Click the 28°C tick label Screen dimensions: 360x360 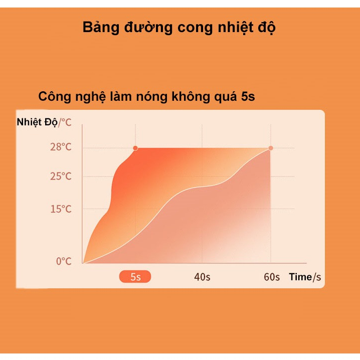(61, 147)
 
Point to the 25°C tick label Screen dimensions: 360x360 (61, 176)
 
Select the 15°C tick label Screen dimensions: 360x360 (61, 209)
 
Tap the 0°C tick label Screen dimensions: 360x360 (64, 261)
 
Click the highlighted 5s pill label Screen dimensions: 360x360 (135, 277)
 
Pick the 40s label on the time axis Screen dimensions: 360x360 (202, 277)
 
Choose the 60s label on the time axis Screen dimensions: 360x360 (272, 277)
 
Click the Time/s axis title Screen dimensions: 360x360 (305, 277)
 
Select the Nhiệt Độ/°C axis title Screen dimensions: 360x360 (44, 122)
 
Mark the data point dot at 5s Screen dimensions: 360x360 (135, 148)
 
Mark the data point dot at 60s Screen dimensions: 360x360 (271, 148)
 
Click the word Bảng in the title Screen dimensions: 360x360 (101, 28)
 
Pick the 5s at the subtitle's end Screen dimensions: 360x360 (248, 97)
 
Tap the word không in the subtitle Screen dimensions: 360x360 (191, 96)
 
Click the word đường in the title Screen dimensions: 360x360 (148, 28)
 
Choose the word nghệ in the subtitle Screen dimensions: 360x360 (91, 97)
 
